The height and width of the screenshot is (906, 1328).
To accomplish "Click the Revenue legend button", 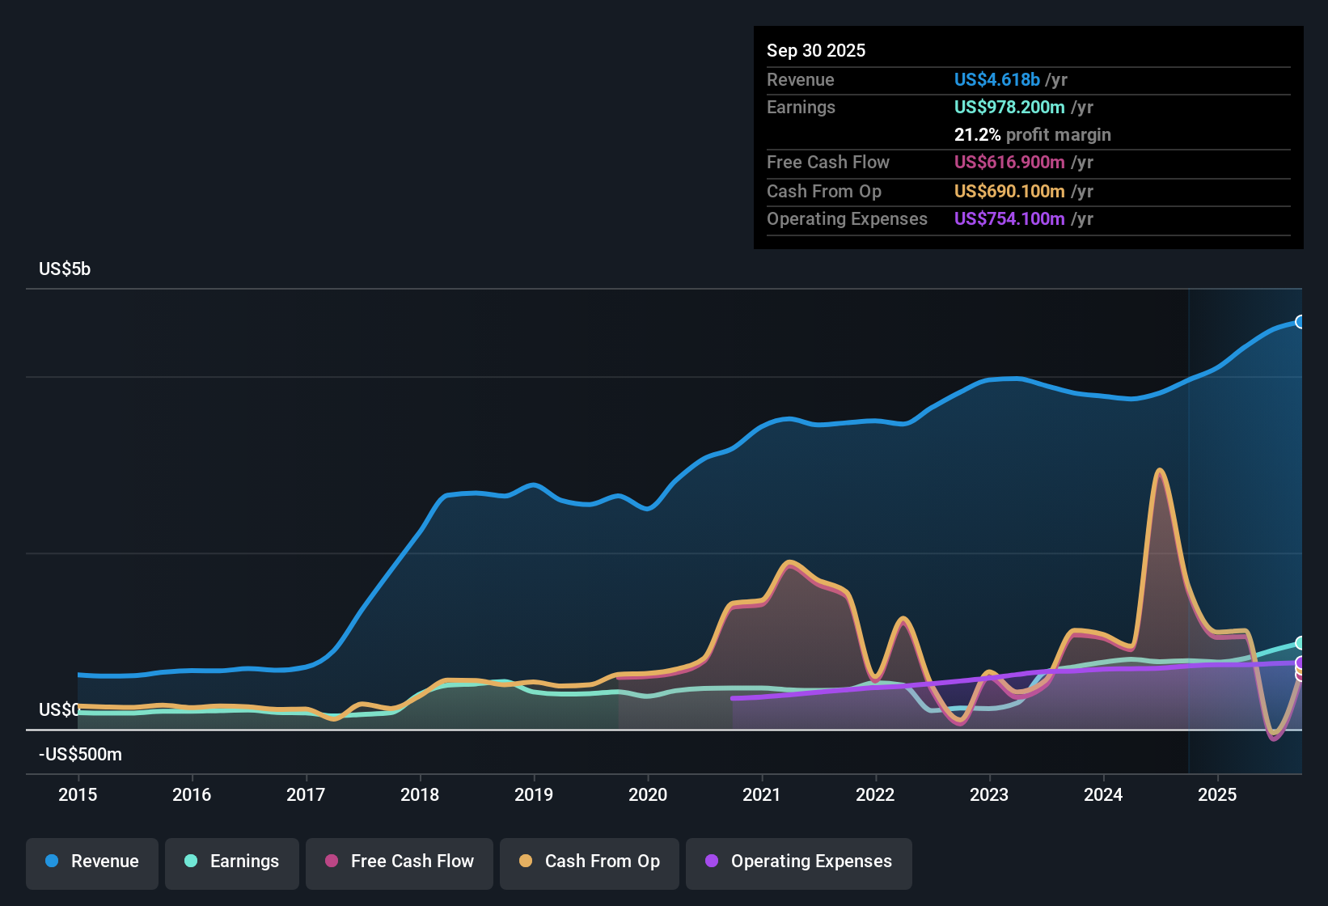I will point(92,862).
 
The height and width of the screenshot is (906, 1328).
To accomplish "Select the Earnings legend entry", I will point(232,862).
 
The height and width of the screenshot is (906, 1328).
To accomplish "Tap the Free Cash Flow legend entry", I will point(400,862).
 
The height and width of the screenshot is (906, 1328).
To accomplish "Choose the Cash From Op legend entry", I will point(590,862).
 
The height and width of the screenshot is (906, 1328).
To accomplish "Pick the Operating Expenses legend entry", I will point(799,862).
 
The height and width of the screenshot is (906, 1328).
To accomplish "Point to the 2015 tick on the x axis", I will point(78,794).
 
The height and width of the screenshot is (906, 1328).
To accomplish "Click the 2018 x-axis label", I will point(420,794).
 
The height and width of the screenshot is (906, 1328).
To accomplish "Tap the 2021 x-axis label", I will point(761,794).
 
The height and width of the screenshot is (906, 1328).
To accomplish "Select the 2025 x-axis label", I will point(1216,794).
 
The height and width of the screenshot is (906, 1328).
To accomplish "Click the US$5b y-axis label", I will point(65,269).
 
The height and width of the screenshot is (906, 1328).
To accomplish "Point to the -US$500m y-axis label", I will point(80,755).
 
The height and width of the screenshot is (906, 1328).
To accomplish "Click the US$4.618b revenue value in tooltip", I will point(996,79).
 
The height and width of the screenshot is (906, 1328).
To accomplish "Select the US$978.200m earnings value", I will point(1009,107).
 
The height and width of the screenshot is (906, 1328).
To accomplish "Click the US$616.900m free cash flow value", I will point(1009,162).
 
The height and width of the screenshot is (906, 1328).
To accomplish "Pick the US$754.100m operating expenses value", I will point(1009,218).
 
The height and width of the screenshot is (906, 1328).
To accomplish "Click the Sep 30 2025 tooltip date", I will point(815,50).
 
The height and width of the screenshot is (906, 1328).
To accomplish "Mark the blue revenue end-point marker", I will point(1301,322).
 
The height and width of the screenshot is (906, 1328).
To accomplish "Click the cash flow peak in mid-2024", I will point(1160,470).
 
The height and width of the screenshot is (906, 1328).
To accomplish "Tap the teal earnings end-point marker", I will point(1301,643).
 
